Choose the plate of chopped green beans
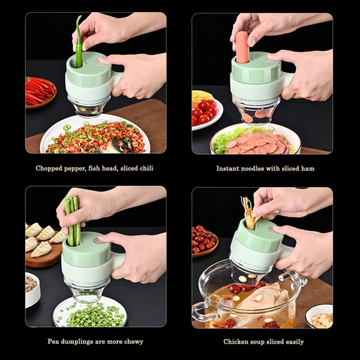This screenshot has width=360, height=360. (x=89, y=313)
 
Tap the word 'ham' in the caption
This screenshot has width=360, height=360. (x=307, y=169)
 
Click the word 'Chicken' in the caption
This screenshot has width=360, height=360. (x=236, y=342)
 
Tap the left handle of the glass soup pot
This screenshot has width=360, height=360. (x=201, y=311)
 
